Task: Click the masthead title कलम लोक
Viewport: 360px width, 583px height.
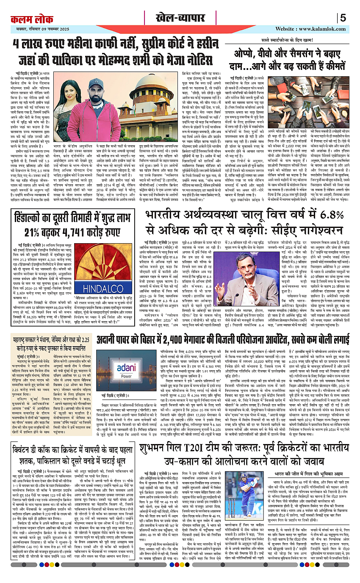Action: coord(30,19)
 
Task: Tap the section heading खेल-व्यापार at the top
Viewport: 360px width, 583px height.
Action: coord(180,19)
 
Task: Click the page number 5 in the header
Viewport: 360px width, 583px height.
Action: coord(343,18)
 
